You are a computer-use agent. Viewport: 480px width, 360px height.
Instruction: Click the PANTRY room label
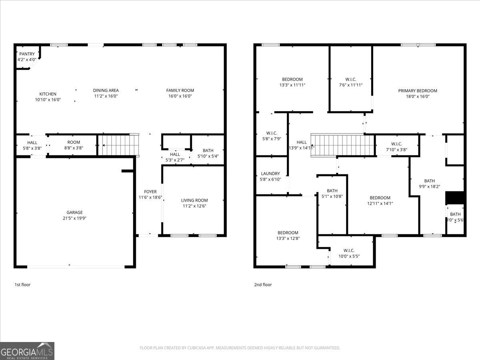[27, 54]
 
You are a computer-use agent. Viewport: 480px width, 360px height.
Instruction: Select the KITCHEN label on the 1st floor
[48, 94]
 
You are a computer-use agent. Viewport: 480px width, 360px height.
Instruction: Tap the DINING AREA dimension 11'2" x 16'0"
[106, 96]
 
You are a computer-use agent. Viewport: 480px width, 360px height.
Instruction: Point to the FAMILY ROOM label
[180, 90]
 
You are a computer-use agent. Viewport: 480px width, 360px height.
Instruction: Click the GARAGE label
[74, 212]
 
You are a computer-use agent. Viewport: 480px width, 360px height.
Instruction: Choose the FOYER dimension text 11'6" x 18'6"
[150, 198]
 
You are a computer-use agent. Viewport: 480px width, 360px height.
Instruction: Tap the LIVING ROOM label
[194, 200]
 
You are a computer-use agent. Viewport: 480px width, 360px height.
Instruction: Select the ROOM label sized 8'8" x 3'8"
[74, 142]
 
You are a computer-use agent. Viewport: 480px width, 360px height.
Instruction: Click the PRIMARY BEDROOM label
[418, 91]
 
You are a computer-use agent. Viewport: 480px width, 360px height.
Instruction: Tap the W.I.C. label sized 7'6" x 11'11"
[351, 79]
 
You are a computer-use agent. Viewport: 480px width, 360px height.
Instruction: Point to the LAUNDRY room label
[270, 174]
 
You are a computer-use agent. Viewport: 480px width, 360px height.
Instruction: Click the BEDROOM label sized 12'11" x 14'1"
[380, 198]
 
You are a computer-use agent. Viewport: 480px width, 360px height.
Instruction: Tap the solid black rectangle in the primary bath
[455, 198]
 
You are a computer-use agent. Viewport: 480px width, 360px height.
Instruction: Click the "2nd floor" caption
[263, 285]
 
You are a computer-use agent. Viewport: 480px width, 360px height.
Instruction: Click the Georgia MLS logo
[27, 351]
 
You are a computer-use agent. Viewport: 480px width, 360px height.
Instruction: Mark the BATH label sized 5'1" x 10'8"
[332, 191]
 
